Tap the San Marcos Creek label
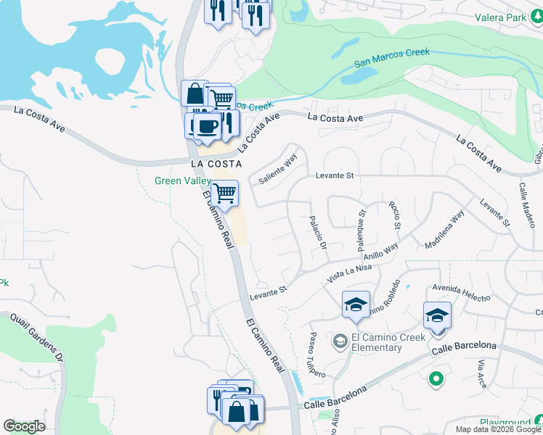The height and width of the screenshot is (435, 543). [392, 57]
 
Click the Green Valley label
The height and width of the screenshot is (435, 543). [182, 181]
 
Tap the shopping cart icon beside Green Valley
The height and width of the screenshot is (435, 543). [225, 194]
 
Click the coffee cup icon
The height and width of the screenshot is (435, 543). [207, 125]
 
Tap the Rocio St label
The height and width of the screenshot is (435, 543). [396, 215]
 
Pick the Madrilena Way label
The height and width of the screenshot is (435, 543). [444, 228]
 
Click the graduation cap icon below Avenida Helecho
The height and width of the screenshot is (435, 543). [437, 316]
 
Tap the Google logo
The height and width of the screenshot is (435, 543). [24, 426]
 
